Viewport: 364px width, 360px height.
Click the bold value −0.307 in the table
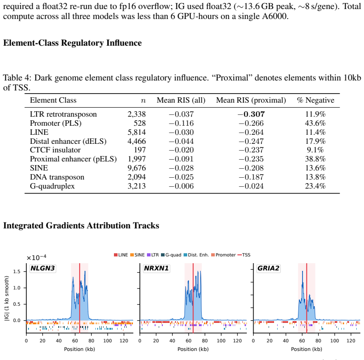[251, 114]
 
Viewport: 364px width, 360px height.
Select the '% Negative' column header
[316, 100]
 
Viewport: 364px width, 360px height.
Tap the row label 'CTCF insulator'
[55, 150]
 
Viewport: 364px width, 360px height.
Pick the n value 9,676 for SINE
[137, 168]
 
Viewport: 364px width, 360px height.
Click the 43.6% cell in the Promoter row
[315, 123]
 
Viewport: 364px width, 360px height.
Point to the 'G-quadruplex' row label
[52, 186]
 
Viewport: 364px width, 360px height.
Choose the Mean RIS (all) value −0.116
[181, 123]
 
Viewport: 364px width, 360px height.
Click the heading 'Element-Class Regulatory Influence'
[72, 43]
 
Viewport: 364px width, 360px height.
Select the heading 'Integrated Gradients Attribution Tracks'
[81, 226]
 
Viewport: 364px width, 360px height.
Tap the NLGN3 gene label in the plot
[43, 268]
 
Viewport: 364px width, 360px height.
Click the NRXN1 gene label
[156, 268]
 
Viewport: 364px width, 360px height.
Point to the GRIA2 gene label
[268, 268]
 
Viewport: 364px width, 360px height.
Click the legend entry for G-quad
[171, 255]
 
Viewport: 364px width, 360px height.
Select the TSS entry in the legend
[244, 255]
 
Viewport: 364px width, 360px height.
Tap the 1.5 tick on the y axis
[17, 271]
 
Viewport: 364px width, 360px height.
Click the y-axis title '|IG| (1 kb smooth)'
[7, 298]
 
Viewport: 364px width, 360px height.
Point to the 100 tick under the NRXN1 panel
[221, 341]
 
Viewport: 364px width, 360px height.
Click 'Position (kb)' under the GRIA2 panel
[307, 349]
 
